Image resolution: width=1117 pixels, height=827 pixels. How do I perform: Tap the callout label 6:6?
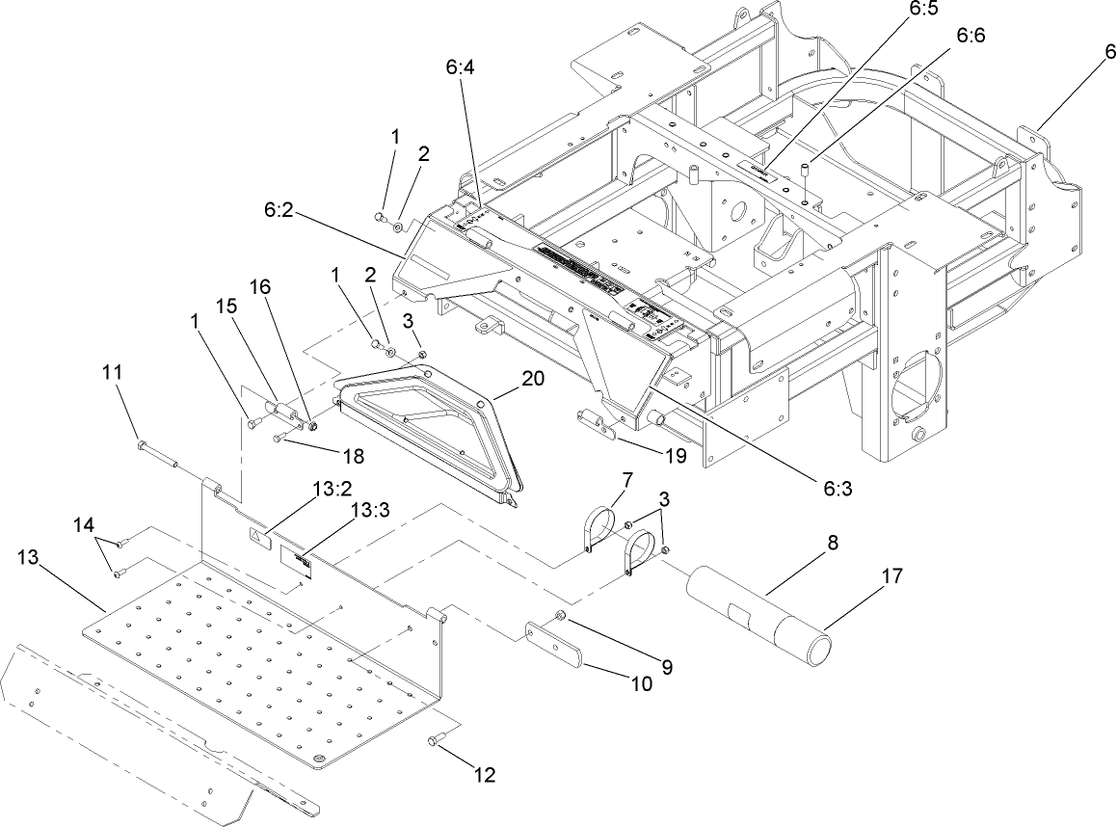pos(971,35)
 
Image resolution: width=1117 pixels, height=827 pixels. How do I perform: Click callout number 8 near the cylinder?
pos(830,543)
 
